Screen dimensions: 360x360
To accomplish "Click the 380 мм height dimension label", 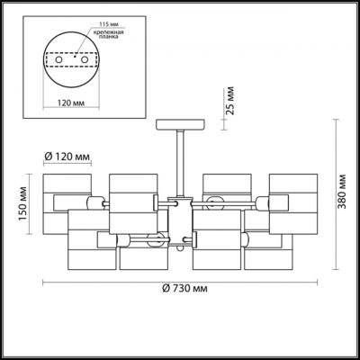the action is pos(341,191).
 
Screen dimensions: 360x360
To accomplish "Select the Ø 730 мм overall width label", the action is pos(184,289).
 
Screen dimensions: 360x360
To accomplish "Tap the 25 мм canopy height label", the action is pos(230,101).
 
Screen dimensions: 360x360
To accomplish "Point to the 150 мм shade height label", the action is pos(23,203).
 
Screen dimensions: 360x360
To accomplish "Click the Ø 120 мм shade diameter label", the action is pos(67,157).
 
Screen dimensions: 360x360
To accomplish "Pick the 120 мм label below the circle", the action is pos(71,103).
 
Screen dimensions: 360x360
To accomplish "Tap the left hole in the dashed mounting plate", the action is pos(58,59).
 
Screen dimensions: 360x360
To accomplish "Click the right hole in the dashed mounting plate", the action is pos(85,59).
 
